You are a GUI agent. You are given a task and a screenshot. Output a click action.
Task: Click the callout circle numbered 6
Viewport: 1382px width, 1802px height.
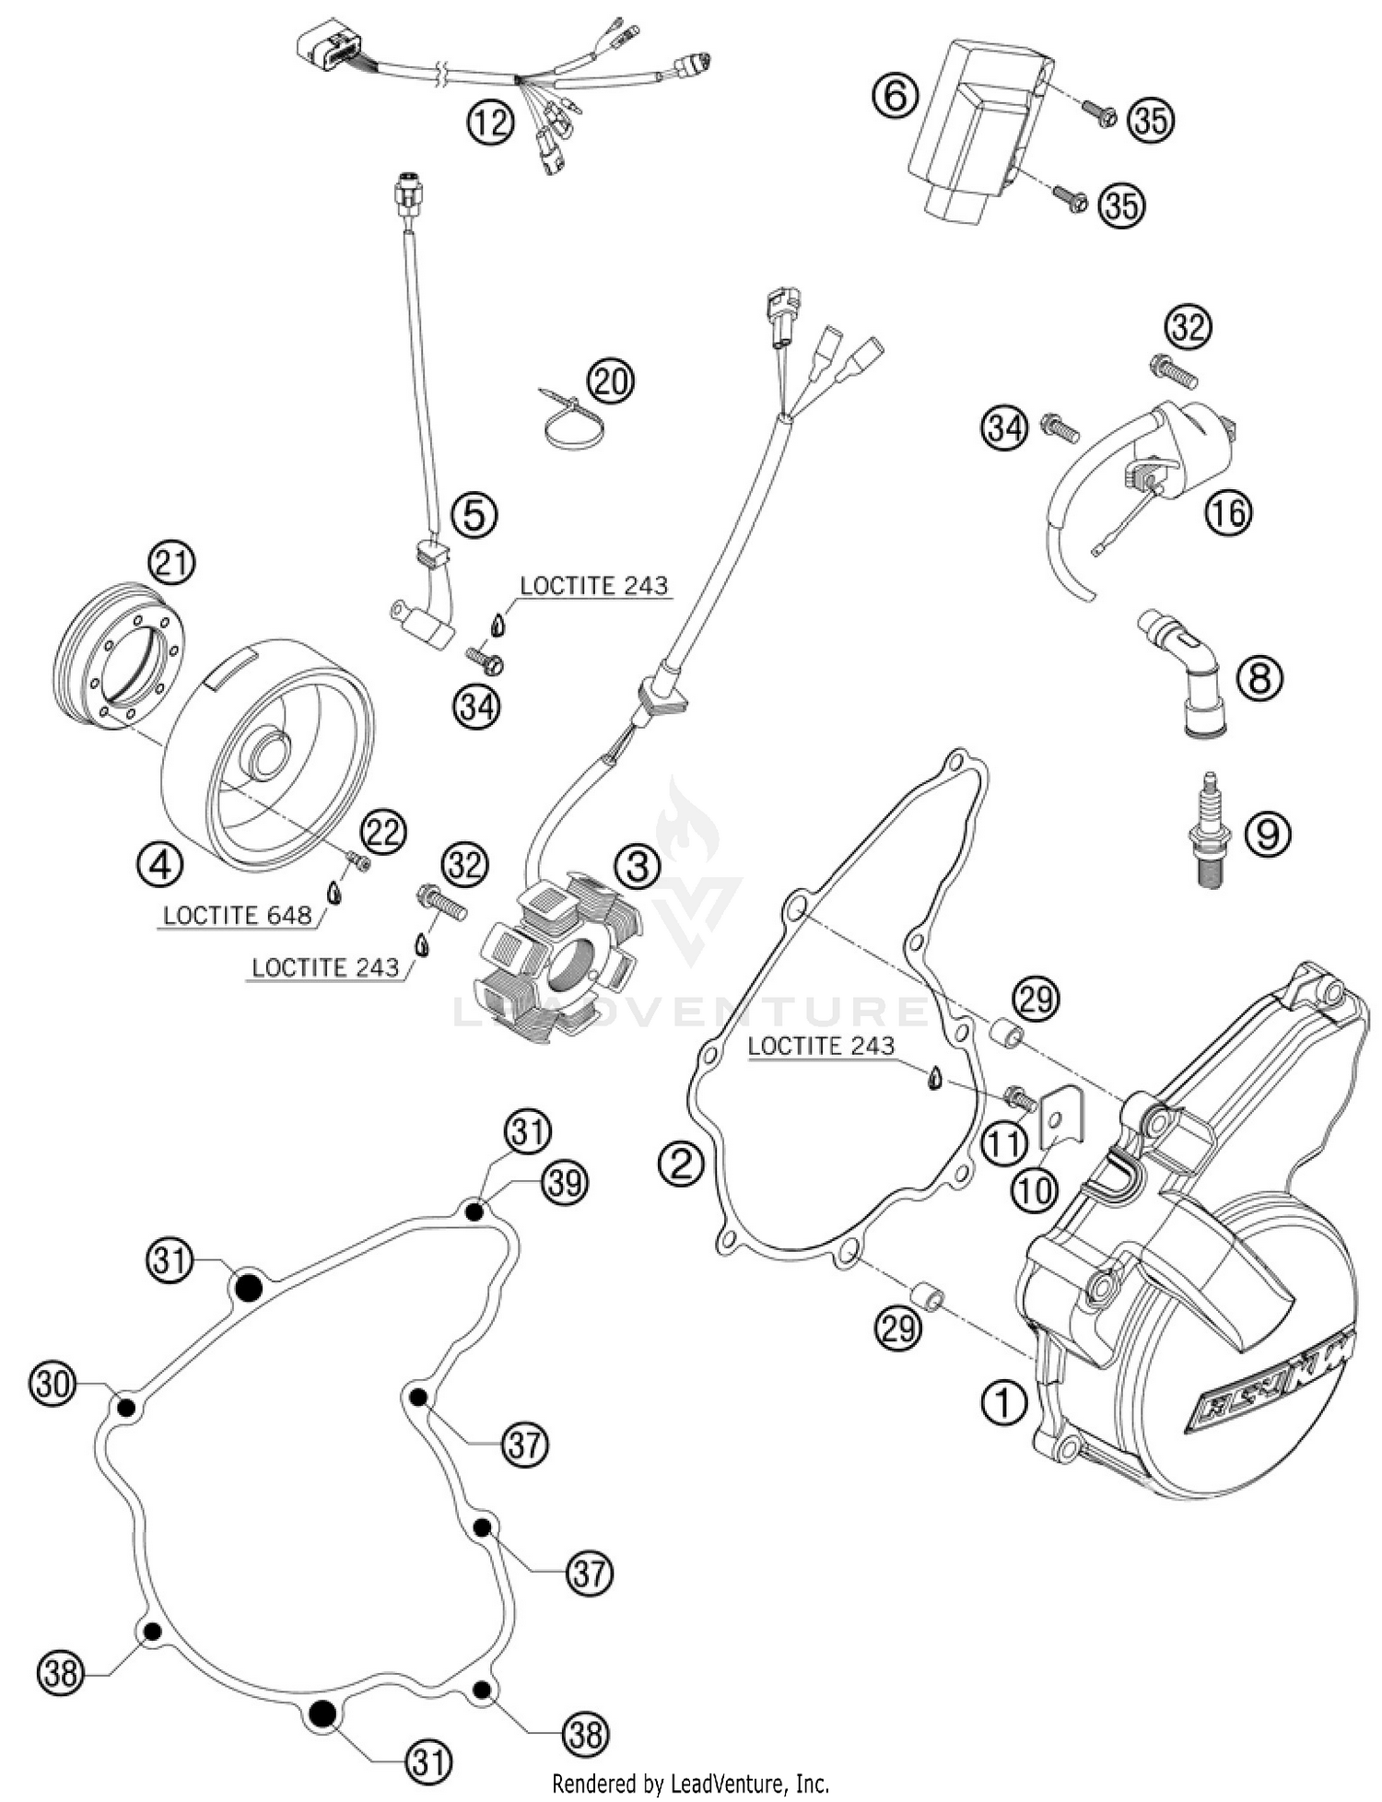[896, 95]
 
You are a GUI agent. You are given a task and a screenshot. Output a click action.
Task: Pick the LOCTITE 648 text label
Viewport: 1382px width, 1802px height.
[236, 916]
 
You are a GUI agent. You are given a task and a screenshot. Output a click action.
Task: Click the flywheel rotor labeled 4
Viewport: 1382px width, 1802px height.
[267, 755]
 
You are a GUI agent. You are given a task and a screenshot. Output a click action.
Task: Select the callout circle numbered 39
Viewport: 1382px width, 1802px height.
[564, 1182]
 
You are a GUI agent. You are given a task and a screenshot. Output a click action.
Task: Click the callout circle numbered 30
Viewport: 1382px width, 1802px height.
[53, 1384]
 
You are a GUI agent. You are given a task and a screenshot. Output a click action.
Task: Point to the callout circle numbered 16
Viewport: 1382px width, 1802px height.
[1229, 510]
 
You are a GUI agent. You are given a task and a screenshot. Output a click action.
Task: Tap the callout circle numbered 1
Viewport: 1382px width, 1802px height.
[1003, 1403]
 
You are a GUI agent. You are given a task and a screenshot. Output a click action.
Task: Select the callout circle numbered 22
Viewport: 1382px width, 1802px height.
[382, 832]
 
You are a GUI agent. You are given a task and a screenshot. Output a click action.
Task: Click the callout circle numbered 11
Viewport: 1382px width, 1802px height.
[1003, 1143]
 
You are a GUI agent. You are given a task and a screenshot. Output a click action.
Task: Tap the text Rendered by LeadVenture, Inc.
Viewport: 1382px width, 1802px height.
[690, 1784]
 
